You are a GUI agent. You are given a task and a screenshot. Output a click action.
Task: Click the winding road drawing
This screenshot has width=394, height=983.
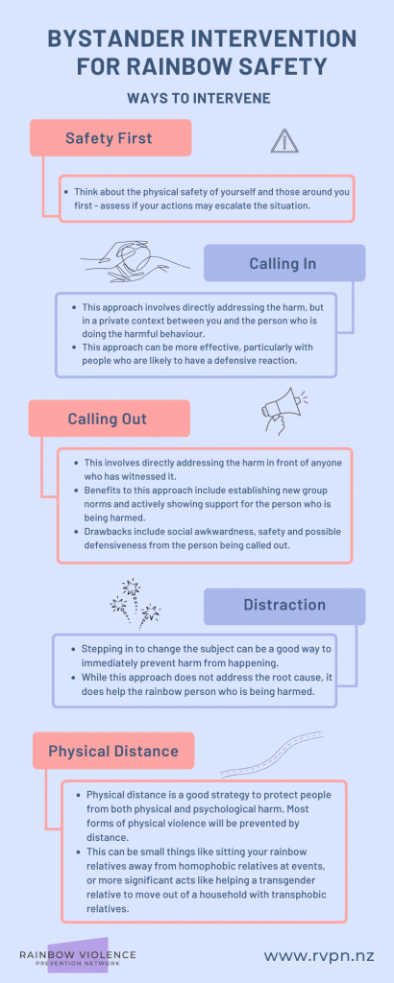pos(271,755)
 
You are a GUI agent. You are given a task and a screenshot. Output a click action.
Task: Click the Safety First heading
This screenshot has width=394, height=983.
pos(111,138)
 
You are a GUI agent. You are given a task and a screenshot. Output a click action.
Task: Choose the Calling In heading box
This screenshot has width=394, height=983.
pos(284,263)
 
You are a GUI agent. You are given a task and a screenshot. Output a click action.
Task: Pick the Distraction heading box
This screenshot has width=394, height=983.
pos(284,606)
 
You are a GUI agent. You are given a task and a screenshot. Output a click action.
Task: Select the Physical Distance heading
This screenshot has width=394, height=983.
pos(113,751)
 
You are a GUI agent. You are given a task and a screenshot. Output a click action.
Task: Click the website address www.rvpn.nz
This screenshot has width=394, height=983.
pos(319,956)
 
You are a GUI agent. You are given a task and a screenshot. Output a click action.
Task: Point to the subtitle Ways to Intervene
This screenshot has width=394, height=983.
pos(199,99)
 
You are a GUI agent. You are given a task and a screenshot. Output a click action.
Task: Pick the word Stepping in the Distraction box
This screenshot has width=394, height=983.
pos(101,648)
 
